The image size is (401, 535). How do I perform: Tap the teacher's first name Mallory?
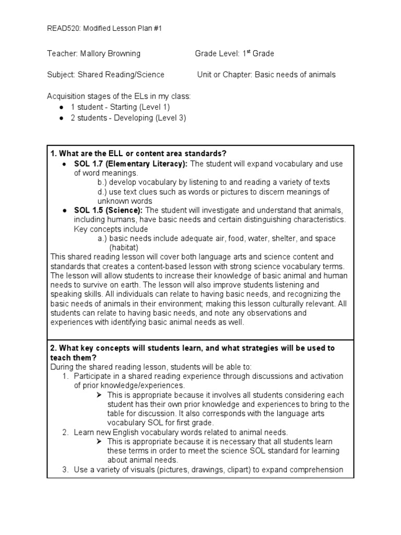(x=95, y=54)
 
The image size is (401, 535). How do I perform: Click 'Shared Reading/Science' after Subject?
(x=121, y=75)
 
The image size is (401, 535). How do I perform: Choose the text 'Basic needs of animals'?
(x=295, y=75)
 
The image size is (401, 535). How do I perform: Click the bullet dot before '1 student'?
(x=62, y=107)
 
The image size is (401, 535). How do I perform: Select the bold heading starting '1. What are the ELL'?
(x=138, y=154)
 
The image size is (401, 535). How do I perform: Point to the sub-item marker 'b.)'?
(x=103, y=182)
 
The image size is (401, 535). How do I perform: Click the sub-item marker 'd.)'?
(x=103, y=192)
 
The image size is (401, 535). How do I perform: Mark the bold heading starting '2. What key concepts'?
(x=192, y=348)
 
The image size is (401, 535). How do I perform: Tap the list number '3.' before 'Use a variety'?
(x=65, y=470)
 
